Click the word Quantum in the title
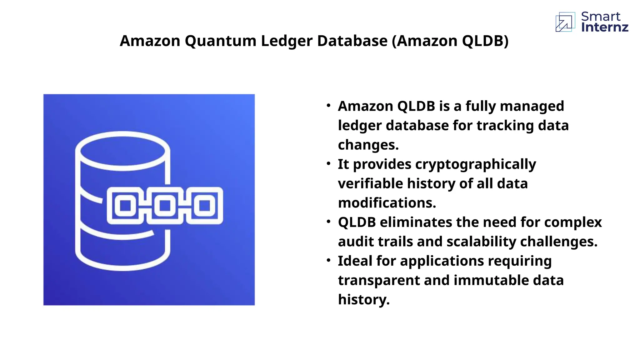coord(220,41)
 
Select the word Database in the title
coord(352,41)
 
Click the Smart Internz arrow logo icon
coord(565,22)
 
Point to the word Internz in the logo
coord(605,27)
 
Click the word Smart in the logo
coord(601,16)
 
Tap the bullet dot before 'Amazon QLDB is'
coord(328,106)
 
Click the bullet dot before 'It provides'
coord(328,164)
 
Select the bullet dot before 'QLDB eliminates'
coord(328,222)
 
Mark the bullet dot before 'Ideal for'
coord(328,260)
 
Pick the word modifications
coord(387,203)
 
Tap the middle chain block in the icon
coord(165,206)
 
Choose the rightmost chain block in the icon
coord(205,206)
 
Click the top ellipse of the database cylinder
coord(123,151)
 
